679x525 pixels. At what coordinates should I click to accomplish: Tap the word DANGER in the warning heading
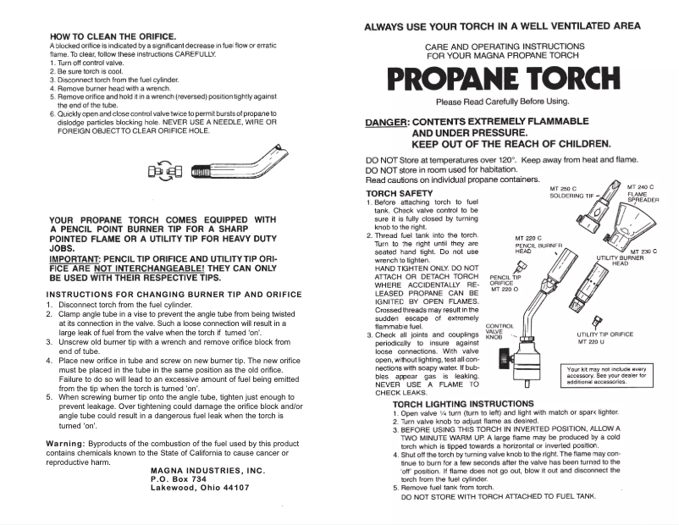pyautogui.click(x=386, y=123)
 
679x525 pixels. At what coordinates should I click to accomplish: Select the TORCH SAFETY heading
pyautogui.click(x=398, y=193)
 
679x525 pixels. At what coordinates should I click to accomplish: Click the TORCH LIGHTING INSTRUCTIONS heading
pyautogui.click(x=463, y=404)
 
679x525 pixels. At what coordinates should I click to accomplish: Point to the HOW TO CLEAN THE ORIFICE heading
pyautogui.click(x=113, y=36)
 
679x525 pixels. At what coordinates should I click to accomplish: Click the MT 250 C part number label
pyautogui.click(x=563, y=188)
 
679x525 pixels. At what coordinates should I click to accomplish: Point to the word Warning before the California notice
pyautogui.click(x=64, y=444)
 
